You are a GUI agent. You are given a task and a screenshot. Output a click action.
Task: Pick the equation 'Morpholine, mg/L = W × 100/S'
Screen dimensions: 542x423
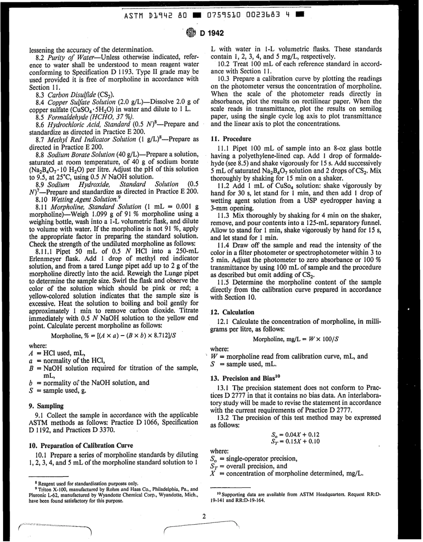click(294, 339)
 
